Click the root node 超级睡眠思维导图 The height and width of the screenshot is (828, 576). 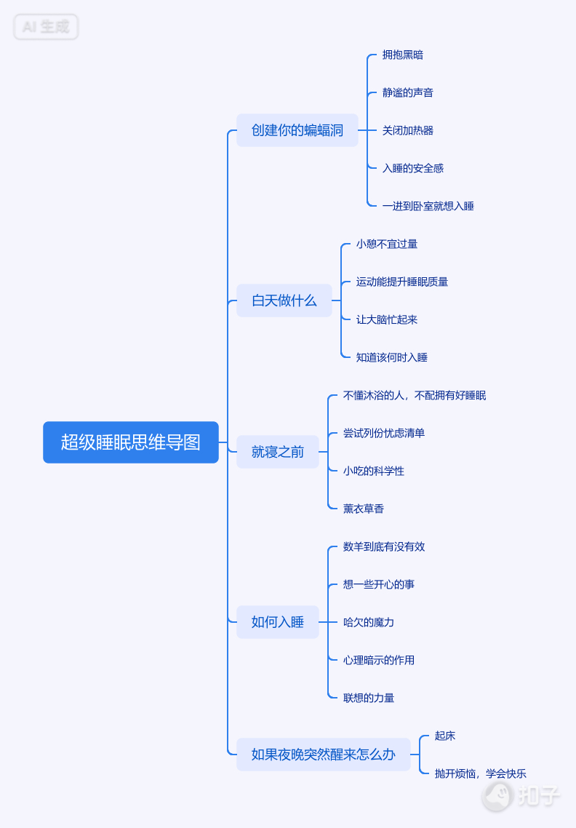131,442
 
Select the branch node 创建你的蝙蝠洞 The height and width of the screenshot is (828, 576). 297,130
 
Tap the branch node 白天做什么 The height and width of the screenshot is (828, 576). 284,300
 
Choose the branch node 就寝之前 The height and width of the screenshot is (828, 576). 278,452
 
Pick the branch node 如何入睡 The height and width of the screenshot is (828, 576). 278,622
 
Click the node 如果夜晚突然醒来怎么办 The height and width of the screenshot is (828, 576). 324,755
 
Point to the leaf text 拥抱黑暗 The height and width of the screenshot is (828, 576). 403,55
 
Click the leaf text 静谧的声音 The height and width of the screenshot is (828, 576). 408,92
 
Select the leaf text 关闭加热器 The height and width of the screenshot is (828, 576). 408,130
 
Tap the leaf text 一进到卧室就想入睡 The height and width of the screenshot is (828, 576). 428,206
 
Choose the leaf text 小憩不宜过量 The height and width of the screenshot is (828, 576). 387,244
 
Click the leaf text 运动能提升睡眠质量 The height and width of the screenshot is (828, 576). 402,282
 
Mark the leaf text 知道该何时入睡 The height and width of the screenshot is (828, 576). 392,357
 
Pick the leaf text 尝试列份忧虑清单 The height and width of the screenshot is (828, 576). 384,433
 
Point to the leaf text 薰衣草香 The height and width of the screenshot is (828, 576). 364,509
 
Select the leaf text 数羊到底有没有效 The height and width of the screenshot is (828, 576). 384,546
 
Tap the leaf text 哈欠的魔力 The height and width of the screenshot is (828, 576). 369,622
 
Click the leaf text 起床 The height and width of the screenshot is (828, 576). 445,736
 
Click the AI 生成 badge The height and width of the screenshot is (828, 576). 46,27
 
